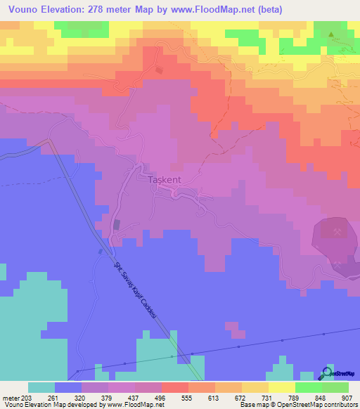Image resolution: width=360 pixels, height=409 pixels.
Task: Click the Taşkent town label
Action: (x=165, y=180)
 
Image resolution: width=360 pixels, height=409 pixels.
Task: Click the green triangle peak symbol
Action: (x=333, y=34)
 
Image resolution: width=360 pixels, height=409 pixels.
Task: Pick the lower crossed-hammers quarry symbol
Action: (x=340, y=264)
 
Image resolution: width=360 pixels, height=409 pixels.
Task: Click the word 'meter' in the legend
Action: (x=11, y=397)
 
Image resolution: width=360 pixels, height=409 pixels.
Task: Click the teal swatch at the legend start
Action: (x=41, y=387)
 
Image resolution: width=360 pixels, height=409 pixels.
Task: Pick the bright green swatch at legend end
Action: (x=335, y=387)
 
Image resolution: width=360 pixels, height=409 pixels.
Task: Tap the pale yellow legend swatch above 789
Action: (x=282, y=387)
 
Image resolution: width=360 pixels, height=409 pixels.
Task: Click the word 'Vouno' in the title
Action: (x=20, y=10)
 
